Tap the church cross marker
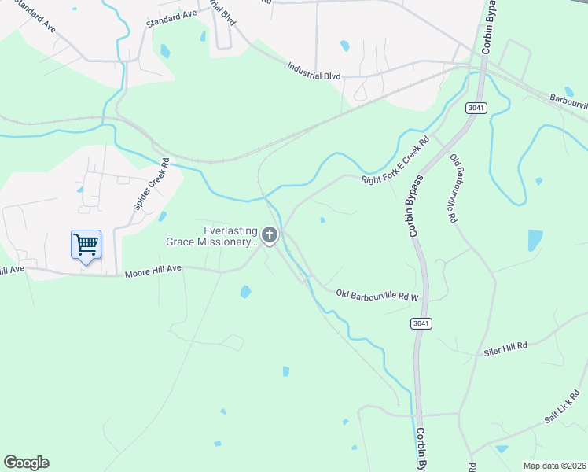click(270, 235)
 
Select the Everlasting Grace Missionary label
click(211, 236)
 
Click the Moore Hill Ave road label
click(153, 269)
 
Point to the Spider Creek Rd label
click(152, 185)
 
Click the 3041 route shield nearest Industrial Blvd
click(475, 107)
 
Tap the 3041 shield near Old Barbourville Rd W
click(421, 323)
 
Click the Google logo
click(26, 463)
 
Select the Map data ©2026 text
click(554, 466)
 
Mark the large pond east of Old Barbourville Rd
click(535, 240)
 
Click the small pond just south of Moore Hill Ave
click(245, 292)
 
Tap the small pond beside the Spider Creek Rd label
click(162, 216)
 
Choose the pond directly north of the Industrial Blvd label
click(344, 46)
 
